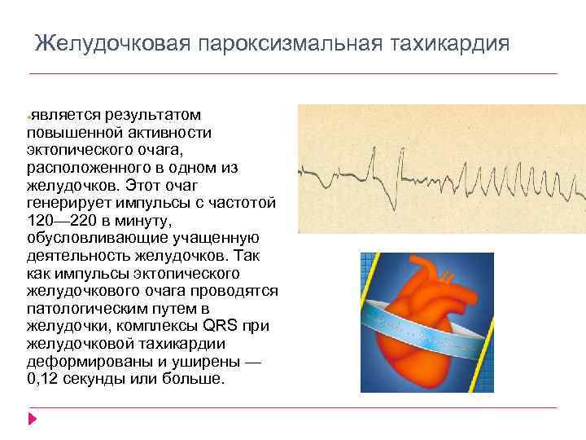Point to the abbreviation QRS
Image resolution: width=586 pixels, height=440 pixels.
pyautogui.click(x=221, y=327)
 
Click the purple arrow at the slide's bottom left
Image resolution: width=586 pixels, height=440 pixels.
pyautogui.click(x=32, y=420)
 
